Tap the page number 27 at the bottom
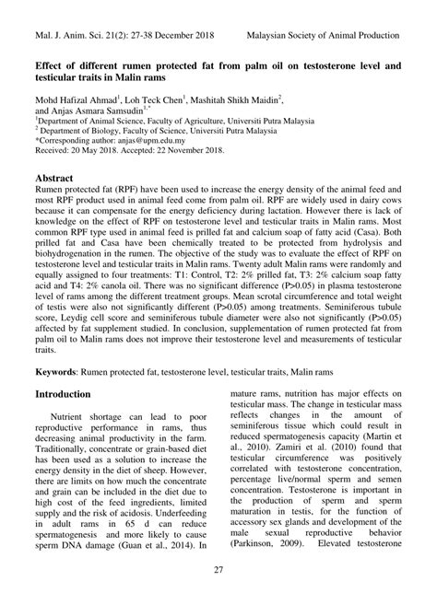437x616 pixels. [x=218, y=596]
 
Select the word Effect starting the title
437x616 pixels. [x=50, y=67]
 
